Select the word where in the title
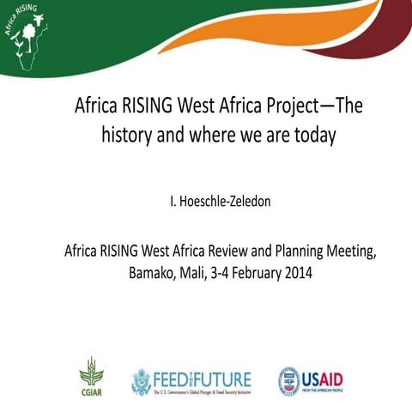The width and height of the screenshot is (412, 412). pyautogui.click(x=215, y=135)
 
